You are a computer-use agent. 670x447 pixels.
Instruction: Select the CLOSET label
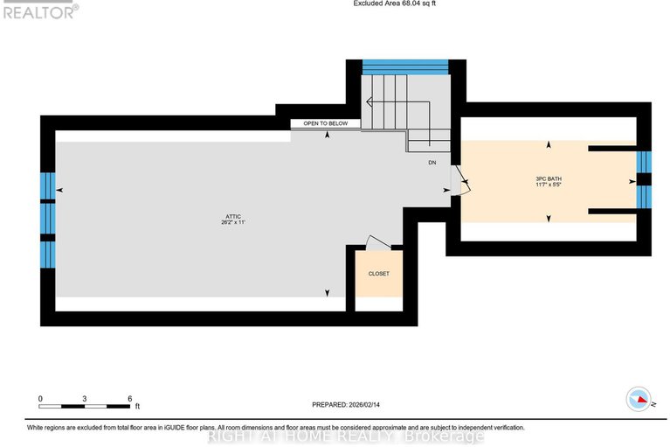[x=378, y=274]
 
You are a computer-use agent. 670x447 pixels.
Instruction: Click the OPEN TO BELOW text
[x=325, y=124]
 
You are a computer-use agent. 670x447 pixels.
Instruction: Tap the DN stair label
[x=432, y=164]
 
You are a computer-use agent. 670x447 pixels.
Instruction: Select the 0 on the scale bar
[x=40, y=398]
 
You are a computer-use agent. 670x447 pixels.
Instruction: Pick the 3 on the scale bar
[x=85, y=398]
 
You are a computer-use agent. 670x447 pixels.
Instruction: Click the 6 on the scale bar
[x=129, y=398]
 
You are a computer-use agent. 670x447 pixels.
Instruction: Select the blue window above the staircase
[x=404, y=66]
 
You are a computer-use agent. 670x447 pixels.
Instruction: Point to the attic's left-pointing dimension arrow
[x=59, y=190]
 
